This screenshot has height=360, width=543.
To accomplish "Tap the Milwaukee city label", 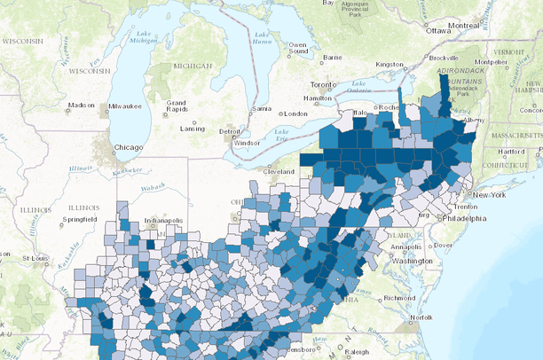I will click(x=123, y=106).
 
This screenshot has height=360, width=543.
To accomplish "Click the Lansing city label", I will click(x=193, y=128).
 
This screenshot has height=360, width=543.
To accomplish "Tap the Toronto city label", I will click(x=322, y=85).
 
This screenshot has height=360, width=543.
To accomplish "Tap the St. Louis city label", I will click(x=35, y=258).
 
